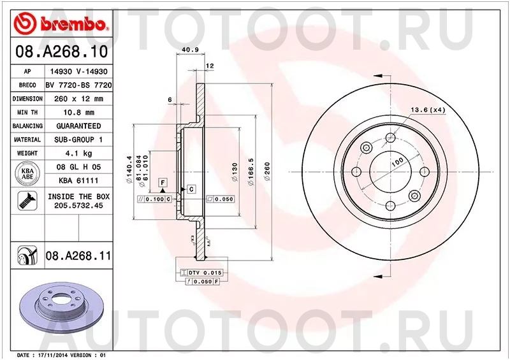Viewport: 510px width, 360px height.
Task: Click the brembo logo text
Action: coord(71,24)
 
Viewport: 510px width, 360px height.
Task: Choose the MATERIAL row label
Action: coord(27,140)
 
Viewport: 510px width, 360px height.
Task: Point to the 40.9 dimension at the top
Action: coord(188,50)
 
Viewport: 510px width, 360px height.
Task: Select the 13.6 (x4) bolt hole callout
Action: coord(427,110)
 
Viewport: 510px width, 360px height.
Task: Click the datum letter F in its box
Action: coord(163,182)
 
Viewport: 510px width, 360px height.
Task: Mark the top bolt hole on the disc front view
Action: coord(366,148)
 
